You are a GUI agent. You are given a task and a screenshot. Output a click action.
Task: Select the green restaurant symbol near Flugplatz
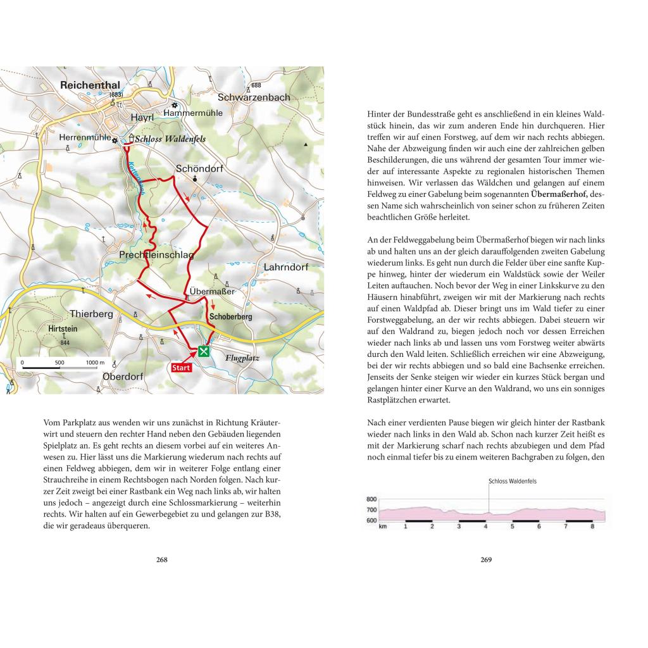point(204,352)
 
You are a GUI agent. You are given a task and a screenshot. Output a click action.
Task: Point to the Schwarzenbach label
point(254,97)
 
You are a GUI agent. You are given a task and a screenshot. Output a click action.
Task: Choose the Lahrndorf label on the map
point(285,267)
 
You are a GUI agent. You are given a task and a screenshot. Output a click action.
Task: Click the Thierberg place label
point(91,314)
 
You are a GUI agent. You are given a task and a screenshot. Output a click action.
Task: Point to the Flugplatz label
point(242,358)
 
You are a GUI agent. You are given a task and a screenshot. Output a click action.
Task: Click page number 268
point(161,559)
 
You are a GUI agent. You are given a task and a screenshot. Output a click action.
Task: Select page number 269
point(486,559)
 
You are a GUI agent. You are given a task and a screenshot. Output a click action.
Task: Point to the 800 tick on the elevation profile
point(372,499)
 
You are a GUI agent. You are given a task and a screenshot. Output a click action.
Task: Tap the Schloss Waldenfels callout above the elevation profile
point(512,481)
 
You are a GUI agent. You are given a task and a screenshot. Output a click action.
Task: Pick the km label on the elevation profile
point(382,526)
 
